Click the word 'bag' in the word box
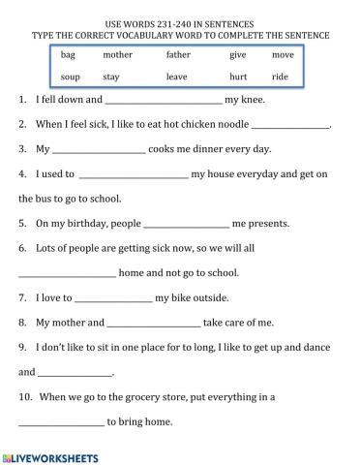tap(68, 55)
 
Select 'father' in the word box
tap(178, 55)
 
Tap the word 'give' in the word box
tap(238, 55)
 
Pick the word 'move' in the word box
tap(283, 55)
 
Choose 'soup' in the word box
tap(70, 76)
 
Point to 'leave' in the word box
tap(177, 76)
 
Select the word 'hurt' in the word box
tap(238, 76)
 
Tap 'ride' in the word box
tap(280, 76)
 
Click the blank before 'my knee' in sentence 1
tap(163, 101)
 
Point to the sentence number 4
tap(22, 174)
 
